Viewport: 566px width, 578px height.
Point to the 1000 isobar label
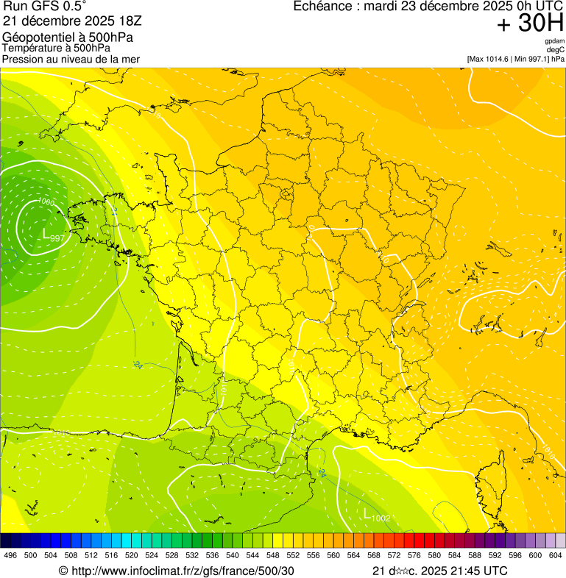point(46,201)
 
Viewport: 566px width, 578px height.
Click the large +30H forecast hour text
point(529,24)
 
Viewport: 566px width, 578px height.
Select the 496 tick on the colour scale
point(10,555)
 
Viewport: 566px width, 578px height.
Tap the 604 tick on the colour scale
point(556,555)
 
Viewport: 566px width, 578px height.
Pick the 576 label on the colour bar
point(414,555)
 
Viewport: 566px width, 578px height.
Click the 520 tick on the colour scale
point(132,555)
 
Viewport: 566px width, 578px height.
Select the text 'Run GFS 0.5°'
point(45,7)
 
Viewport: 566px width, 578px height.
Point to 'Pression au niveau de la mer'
point(71,59)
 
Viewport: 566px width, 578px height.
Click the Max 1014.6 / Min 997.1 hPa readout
point(515,59)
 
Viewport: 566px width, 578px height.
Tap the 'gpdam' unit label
point(554,41)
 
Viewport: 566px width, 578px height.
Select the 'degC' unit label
point(556,50)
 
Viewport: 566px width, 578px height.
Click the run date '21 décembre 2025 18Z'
point(72,20)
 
